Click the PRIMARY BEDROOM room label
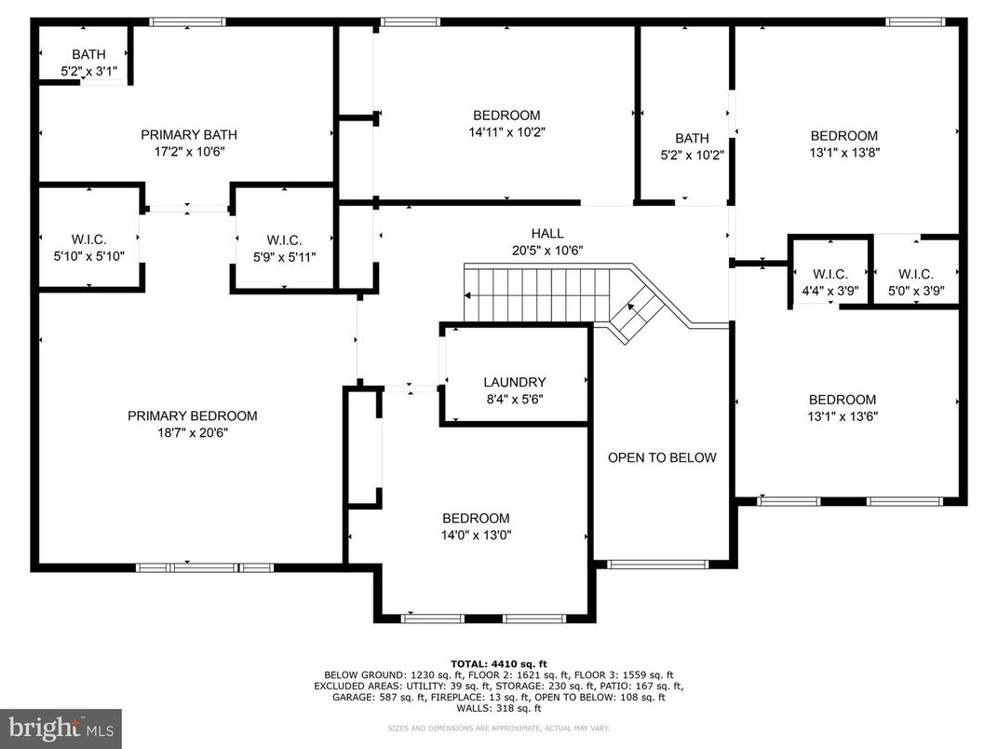[x=192, y=415]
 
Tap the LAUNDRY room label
[x=514, y=382]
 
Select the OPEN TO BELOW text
[x=662, y=457]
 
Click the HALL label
[x=547, y=234]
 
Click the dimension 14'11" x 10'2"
[x=506, y=132]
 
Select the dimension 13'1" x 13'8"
[x=843, y=152]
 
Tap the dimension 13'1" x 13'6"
[x=843, y=416]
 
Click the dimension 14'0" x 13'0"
[x=476, y=535]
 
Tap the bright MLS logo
[x=61, y=727]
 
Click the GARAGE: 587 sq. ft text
[x=364, y=697]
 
